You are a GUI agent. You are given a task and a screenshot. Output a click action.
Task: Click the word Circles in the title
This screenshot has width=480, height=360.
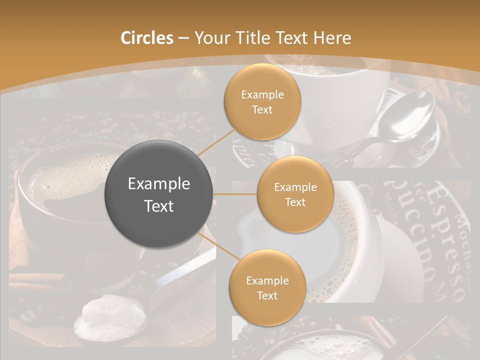(x=146, y=38)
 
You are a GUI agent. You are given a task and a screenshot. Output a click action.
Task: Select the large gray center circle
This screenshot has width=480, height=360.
(x=159, y=194)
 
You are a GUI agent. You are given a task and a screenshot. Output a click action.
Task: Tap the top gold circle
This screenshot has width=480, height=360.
(x=262, y=102)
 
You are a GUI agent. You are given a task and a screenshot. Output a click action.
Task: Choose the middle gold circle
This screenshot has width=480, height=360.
(x=295, y=194)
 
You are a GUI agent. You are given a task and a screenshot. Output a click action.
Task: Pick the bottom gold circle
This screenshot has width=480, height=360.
(x=267, y=287)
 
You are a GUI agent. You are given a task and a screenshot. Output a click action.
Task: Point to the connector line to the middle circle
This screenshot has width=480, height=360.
(x=235, y=194)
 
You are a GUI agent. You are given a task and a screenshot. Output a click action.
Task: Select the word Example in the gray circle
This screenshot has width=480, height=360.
(x=159, y=184)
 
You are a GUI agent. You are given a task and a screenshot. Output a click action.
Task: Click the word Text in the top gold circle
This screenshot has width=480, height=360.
(x=262, y=110)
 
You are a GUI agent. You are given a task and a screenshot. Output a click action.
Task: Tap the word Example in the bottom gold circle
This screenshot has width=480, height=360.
(x=267, y=280)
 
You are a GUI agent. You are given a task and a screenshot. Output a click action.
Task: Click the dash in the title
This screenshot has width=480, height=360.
(x=183, y=38)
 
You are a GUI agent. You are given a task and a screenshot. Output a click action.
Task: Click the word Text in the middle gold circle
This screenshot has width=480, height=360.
(x=295, y=202)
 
